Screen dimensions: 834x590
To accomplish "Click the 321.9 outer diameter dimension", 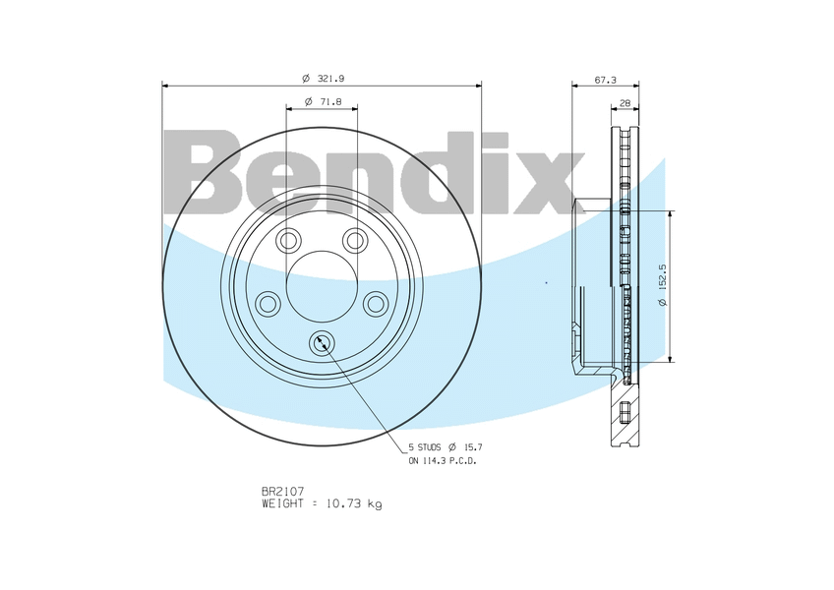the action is [x=324, y=79].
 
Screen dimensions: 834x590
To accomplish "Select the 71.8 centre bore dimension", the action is [x=323, y=101].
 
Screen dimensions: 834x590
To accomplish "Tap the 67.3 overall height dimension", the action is [x=605, y=80].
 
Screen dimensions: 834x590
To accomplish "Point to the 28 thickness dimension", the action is [x=625, y=102].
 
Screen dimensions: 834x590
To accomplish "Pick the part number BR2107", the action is [x=282, y=491].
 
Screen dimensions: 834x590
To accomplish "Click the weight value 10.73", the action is [x=343, y=503].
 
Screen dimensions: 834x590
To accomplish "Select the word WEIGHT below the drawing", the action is [x=282, y=503].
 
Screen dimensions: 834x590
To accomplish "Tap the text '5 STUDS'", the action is [x=425, y=447].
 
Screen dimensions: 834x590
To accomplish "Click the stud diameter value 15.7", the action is [x=473, y=447].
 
